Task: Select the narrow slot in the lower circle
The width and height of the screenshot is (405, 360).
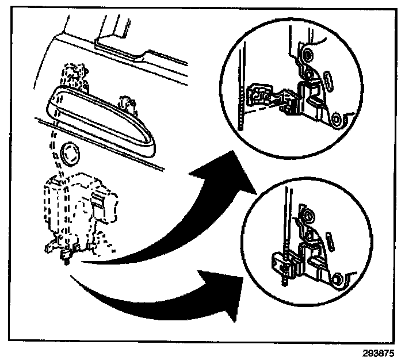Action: tap(330, 239)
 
